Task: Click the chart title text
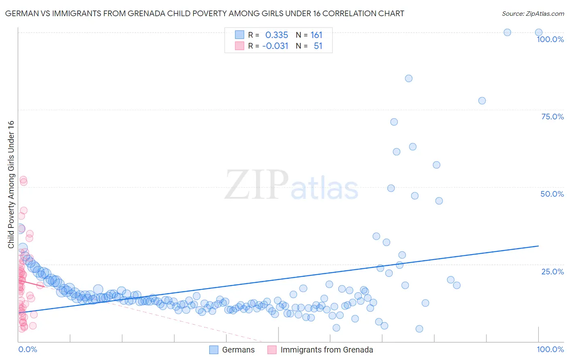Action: coord(204,14)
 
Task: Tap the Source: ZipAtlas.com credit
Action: coord(533,14)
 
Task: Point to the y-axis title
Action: coord(11,185)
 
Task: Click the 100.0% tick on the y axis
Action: coord(550,39)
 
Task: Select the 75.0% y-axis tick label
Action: coord(552,117)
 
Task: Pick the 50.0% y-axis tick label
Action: coord(552,194)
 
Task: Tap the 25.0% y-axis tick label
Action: coord(552,272)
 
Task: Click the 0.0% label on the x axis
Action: coord(28,349)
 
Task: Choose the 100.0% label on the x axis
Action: coord(550,349)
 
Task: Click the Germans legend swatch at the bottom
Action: coord(214,350)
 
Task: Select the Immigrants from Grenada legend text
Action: coord(327,350)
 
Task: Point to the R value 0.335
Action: coord(276,35)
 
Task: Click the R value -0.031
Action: coord(275,46)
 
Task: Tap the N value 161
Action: coord(316,35)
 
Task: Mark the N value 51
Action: coord(318,46)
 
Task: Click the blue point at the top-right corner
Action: coord(539,32)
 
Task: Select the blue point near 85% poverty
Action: coord(409,79)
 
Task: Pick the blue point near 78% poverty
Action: coord(482,101)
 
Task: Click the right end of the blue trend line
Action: coord(538,246)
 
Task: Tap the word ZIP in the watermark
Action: coord(257,185)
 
